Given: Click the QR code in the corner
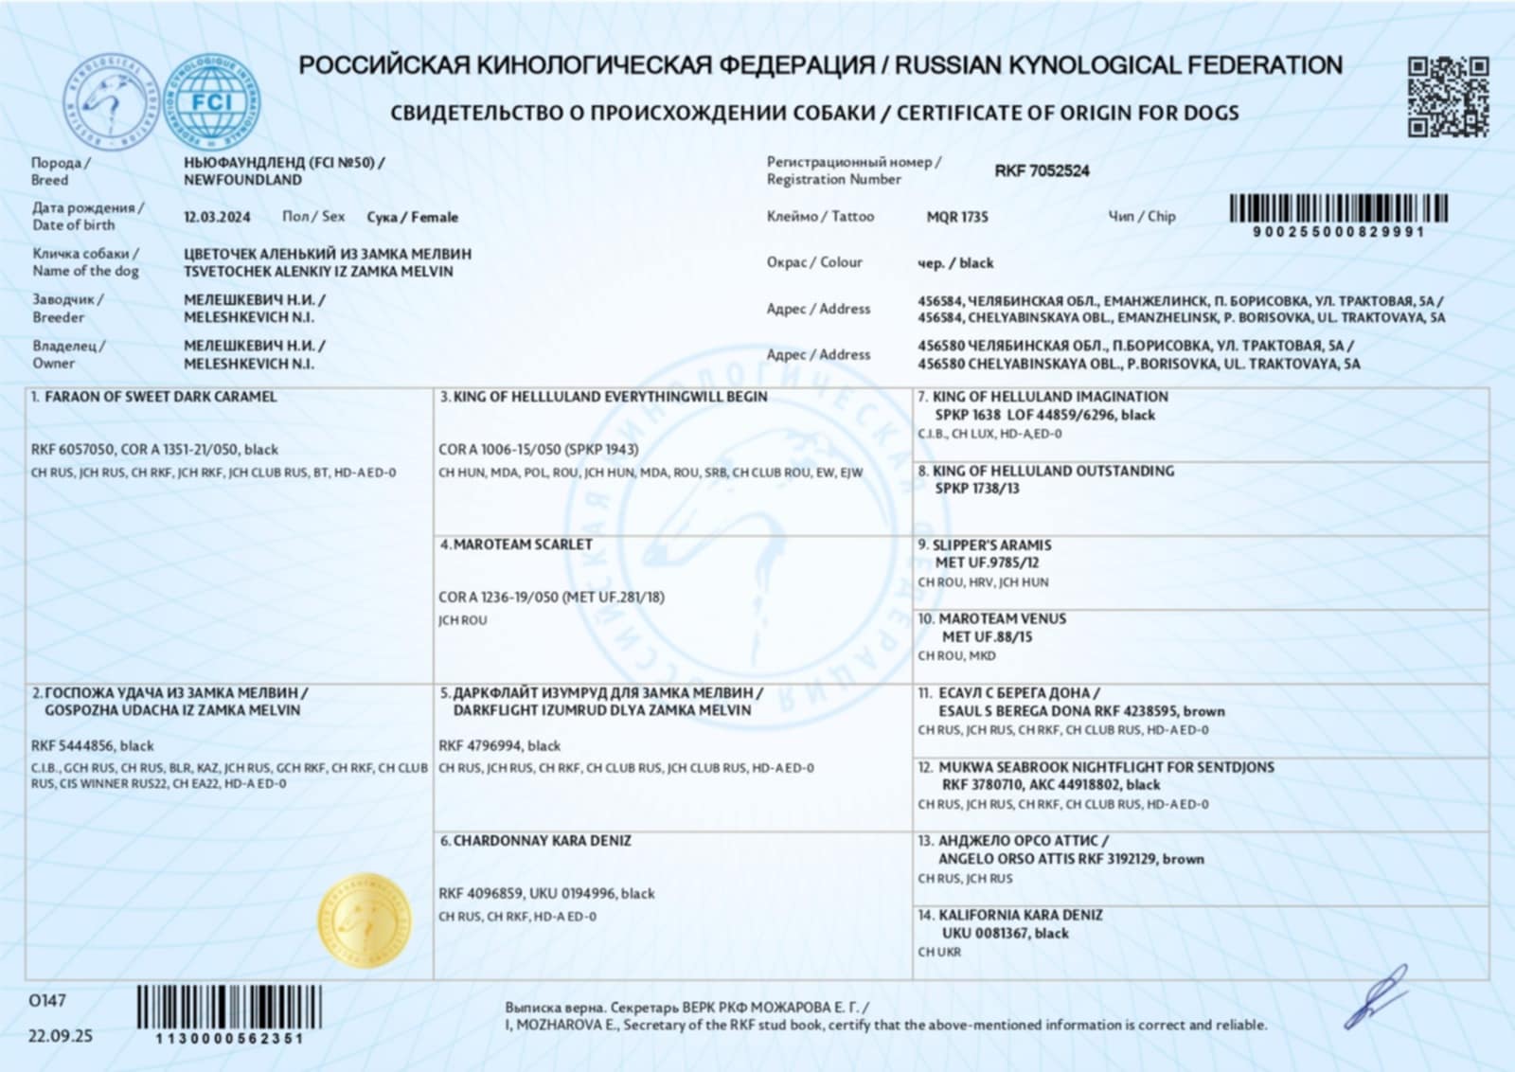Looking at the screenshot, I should [1448, 96].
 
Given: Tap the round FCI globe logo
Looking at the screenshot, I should [212, 101].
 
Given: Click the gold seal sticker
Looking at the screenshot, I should [365, 920].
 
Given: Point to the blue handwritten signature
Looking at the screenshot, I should [1377, 998].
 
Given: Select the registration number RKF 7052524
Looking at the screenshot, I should [1042, 170].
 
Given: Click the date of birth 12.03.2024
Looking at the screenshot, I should [217, 217].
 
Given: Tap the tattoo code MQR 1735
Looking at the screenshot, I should [956, 217].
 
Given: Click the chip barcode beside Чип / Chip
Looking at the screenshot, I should [1338, 208].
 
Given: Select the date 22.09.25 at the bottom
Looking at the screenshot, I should [61, 1036].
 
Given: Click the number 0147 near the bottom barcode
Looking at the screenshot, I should [47, 1001].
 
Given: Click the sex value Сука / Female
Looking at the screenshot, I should [412, 217].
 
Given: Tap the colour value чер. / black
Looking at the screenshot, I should [955, 263].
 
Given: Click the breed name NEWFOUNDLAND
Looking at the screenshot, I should [242, 180].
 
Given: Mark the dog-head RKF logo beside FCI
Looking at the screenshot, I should [108, 101].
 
